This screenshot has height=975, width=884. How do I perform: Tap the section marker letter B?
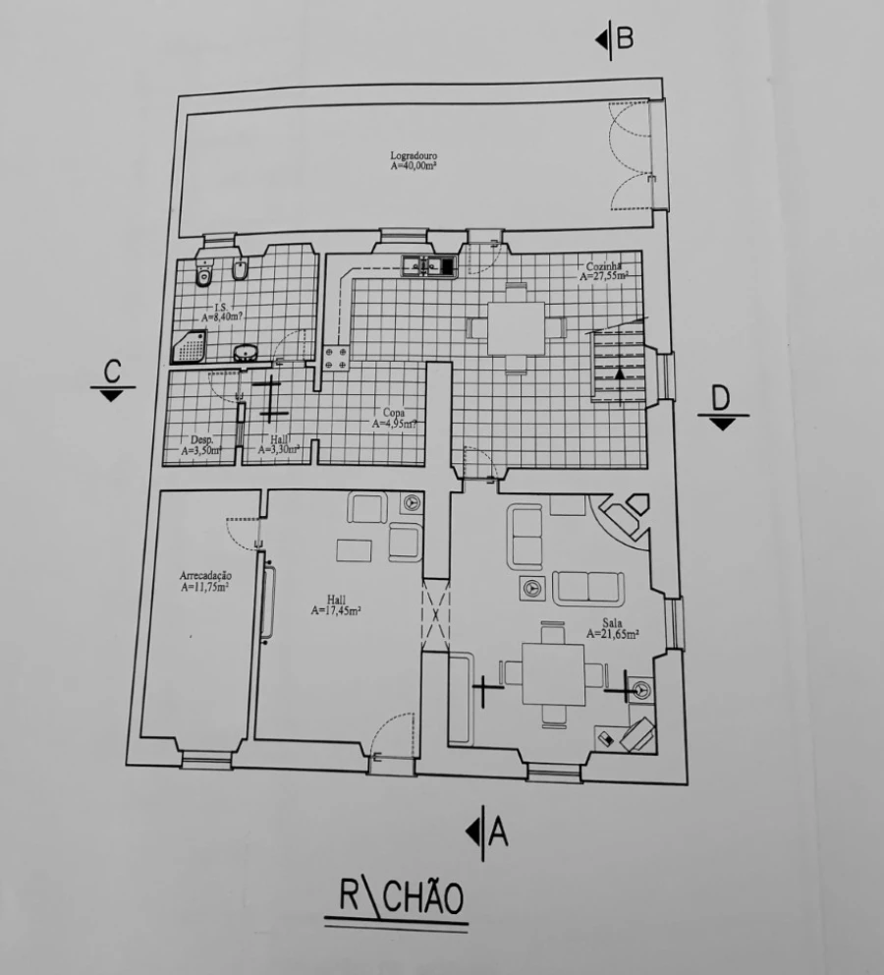tap(625, 39)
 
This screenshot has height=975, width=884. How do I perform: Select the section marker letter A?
tap(498, 832)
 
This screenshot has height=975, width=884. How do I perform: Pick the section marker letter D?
tap(722, 397)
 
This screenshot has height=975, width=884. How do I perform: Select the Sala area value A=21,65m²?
tap(613, 635)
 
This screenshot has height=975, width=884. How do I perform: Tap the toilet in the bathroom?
tap(204, 272)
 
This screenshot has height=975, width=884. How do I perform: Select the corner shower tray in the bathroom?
tap(190, 346)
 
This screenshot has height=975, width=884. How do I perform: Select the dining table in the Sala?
tap(553, 673)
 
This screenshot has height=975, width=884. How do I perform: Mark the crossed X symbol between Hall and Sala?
tap(435, 615)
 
